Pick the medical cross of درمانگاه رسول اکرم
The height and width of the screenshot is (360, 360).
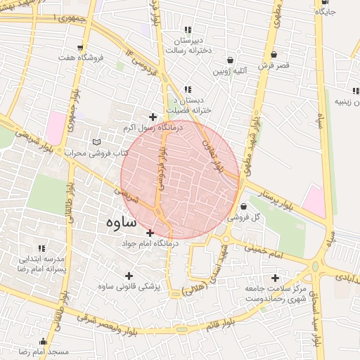[153, 117]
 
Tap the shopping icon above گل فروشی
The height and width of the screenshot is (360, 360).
[243, 207]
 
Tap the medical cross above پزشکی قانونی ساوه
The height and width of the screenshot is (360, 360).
[128, 276]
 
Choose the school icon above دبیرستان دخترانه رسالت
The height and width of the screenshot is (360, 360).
[187, 30]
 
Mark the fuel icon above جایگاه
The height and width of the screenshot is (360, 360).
[325, 2]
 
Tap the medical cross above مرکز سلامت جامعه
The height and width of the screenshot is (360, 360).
[275, 278]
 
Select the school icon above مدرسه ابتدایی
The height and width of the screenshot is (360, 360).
[41, 249]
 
